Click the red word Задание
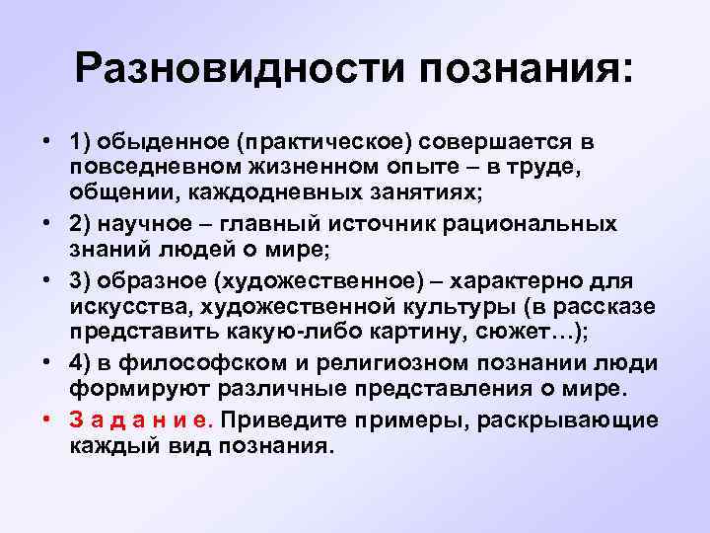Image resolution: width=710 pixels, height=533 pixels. pyautogui.click(x=142, y=420)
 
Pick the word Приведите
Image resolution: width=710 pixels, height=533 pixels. pyautogui.click(x=278, y=420)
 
